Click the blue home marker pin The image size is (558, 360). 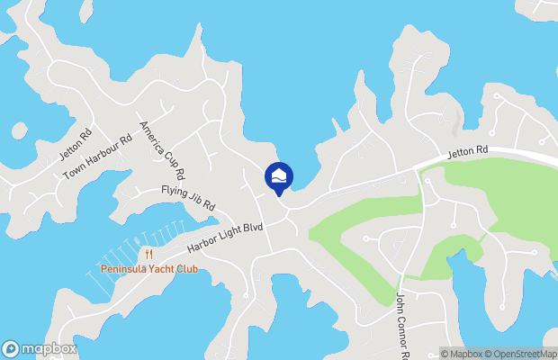279,176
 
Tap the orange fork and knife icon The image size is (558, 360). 148,255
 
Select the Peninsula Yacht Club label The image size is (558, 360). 148,269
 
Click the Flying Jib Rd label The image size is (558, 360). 188,198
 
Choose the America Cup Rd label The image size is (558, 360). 162,149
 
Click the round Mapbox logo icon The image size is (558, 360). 12,348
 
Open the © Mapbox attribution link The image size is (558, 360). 463,353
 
